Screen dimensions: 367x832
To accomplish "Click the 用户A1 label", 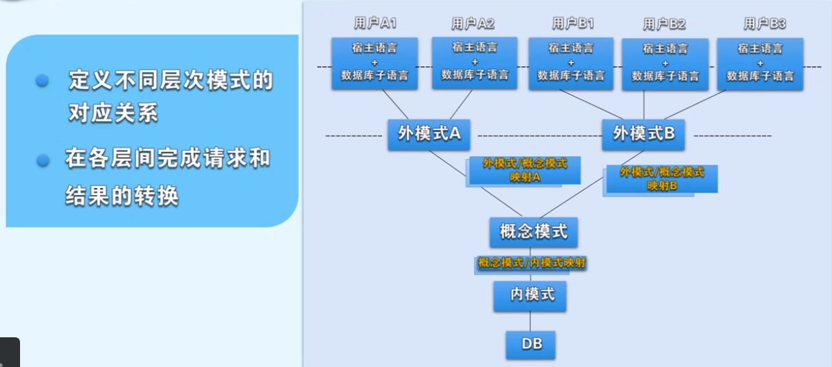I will pyautogui.click(x=375, y=23).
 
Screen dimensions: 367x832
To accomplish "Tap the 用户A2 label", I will pyautogui.click(x=473, y=23).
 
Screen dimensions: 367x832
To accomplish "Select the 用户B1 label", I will pyautogui.click(x=573, y=23).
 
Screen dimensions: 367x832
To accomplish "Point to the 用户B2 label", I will pyautogui.click(x=665, y=24).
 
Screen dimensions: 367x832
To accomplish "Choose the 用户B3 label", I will pyautogui.click(x=764, y=23).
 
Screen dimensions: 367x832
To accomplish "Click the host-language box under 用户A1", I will pyautogui.click(x=375, y=62).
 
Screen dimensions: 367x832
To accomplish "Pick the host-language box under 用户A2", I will pyautogui.click(x=475, y=62).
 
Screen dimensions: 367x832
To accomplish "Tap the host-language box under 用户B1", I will pyautogui.click(x=571, y=63).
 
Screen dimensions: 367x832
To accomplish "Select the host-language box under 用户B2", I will pyautogui.click(x=665, y=64).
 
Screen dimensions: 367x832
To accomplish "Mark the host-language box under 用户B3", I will pyautogui.click(x=759, y=64).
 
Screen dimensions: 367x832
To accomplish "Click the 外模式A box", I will pyautogui.click(x=429, y=134).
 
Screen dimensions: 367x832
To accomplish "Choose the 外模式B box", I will pyautogui.click(x=643, y=134).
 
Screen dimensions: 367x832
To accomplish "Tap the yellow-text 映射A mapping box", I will pyautogui.click(x=524, y=171).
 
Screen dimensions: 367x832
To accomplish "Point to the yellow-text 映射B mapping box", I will pyautogui.click(x=661, y=179).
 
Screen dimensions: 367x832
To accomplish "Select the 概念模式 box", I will pyautogui.click(x=533, y=232).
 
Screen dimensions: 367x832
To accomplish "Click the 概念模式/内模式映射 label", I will pyautogui.click(x=532, y=263).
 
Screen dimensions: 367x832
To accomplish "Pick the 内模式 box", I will pyautogui.click(x=530, y=295).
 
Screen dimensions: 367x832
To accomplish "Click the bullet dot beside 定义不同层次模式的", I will pyautogui.click(x=43, y=80).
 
